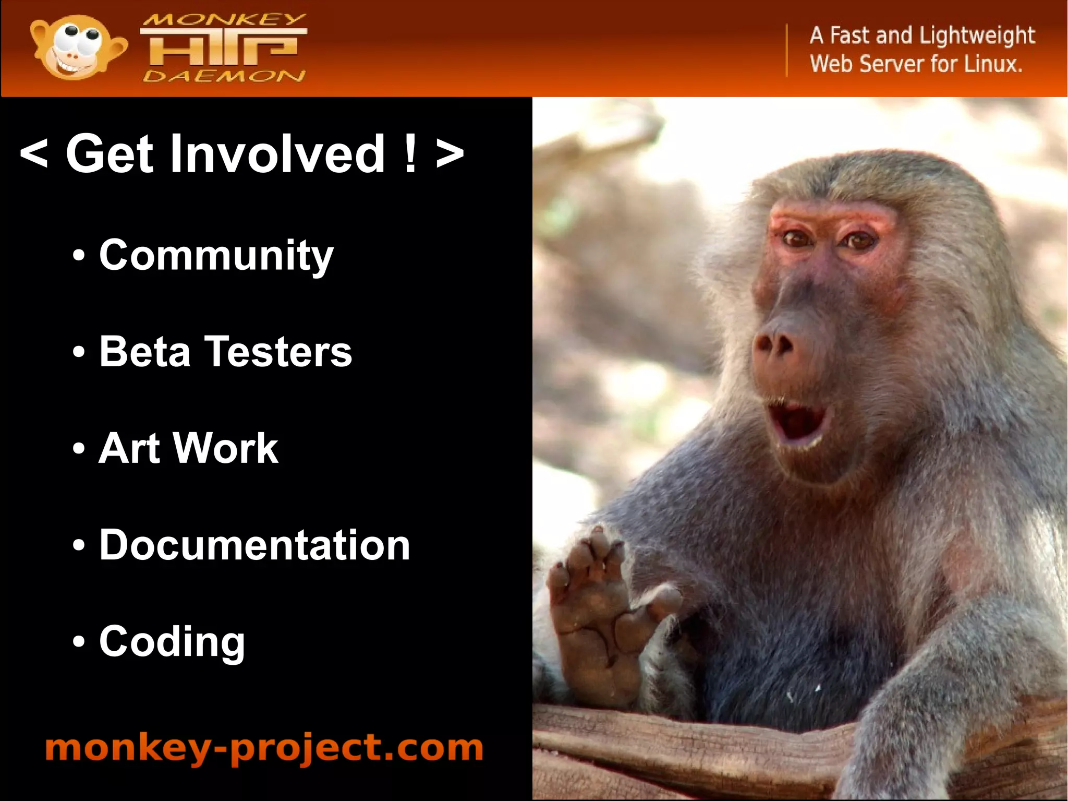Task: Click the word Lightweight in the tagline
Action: [976, 35]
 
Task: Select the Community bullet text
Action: [216, 255]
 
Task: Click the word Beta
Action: [144, 351]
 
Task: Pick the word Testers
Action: [278, 351]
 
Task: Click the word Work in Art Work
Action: [226, 448]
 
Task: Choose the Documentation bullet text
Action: [254, 545]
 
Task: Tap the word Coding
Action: [172, 642]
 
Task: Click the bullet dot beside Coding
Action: [78, 642]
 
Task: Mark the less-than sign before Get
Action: [34, 153]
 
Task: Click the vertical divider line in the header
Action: [787, 50]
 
